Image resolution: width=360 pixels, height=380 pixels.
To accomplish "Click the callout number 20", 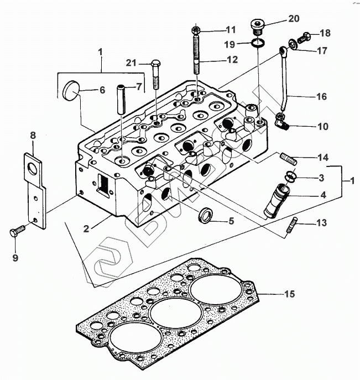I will [294, 18].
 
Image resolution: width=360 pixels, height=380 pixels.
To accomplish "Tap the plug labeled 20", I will [258, 25].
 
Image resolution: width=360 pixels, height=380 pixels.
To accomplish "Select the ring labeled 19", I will [258, 43].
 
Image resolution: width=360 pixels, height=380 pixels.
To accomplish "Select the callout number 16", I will [321, 96].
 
